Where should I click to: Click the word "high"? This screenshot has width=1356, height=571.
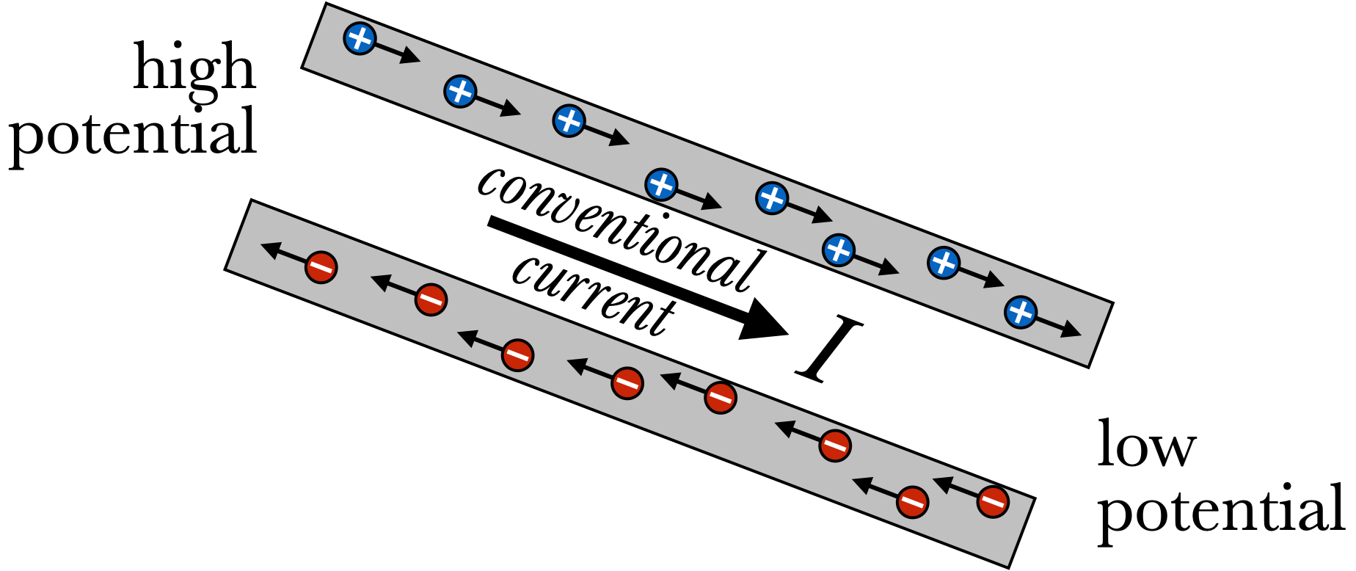click(194, 68)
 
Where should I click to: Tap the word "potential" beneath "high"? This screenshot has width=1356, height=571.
click(133, 132)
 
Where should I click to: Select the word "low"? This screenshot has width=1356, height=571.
click(1146, 445)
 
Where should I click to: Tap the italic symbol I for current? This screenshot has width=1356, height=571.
click(830, 349)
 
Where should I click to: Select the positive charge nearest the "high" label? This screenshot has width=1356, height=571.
click(360, 37)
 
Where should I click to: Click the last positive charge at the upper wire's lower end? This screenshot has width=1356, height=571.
click(1021, 312)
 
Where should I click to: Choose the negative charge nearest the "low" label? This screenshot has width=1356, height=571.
click(993, 502)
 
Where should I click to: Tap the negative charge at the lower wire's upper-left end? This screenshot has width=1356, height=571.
click(321, 267)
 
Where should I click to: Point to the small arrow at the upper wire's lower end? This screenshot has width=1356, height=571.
click(1060, 328)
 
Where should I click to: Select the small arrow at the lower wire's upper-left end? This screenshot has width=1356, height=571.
click(282, 253)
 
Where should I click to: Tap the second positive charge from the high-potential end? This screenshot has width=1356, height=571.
click(460, 92)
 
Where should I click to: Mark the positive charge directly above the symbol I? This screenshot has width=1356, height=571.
click(838, 250)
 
